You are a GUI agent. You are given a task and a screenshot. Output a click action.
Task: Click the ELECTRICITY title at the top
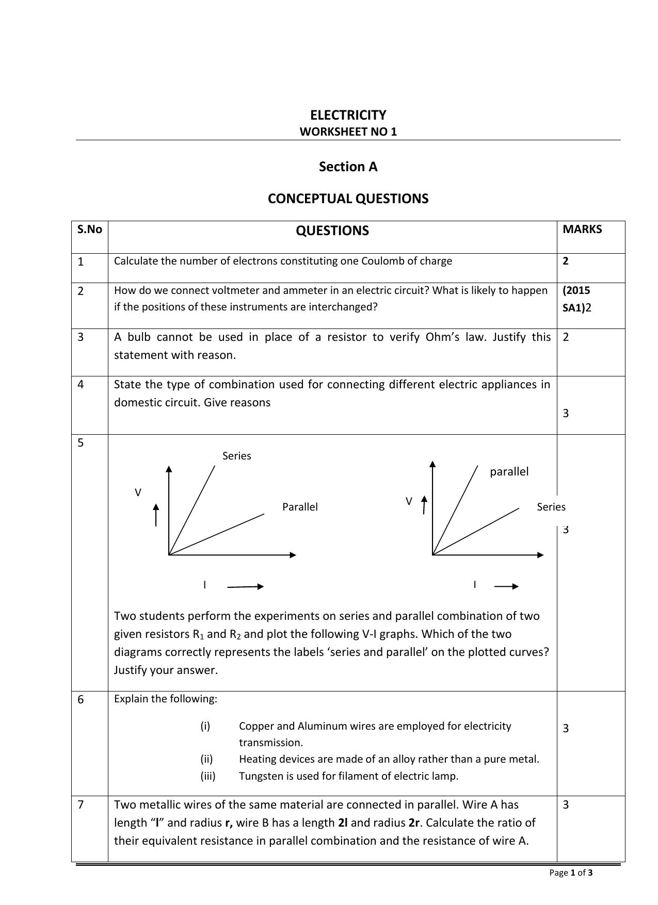[x=348, y=115]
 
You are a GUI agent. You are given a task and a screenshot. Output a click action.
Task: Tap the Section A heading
[x=348, y=167]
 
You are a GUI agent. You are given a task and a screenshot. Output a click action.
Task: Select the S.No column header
[x=90, y=229]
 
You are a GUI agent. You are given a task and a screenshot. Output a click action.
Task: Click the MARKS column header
[x=582, y=229]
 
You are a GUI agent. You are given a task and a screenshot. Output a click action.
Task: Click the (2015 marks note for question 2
[x=576, y=290]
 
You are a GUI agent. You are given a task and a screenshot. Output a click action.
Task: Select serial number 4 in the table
[x=81, y=385]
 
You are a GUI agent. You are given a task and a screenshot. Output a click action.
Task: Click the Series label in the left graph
[x=236, y=456]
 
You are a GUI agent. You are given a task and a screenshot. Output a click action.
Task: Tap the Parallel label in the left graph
[x=300, y=507]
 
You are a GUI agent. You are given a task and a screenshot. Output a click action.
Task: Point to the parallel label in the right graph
[x=509, y=471]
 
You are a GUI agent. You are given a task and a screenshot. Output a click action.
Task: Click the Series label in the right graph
[x=551, y=507]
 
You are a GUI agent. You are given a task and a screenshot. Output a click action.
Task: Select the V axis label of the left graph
[x=138, y=492]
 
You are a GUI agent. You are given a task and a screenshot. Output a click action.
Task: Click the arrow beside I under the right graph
[x=506, y=586]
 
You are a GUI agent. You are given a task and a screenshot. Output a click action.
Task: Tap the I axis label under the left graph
[x=204, y=585]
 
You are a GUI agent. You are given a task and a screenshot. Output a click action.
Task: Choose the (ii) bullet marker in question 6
[x=206, y=759]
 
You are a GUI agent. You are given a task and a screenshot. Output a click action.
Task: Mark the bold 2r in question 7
[x=414, y=822]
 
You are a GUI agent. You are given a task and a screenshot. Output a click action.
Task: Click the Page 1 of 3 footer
[x=571, y=873]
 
